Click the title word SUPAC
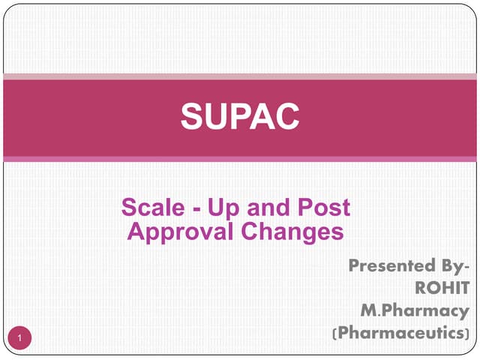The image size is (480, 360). point(240,116)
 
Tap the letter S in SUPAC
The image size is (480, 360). point(192,116)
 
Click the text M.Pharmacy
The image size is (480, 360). point(415,310)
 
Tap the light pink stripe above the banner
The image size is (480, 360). point(240,76)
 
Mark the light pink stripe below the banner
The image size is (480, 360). point(240,159)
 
